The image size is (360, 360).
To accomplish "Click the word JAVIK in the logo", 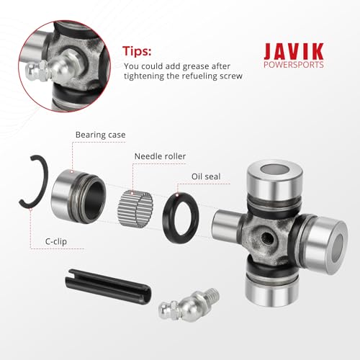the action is pos(294,51).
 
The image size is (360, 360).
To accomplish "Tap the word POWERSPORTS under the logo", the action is pos(294,65).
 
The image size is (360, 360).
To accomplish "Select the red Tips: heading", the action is pos(137,51).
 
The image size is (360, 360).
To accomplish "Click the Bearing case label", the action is pos(100,135).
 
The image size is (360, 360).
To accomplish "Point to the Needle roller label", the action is pos(160,156).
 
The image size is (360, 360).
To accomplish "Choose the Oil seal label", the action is pos(206,176).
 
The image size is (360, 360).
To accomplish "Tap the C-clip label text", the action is pos(56,241).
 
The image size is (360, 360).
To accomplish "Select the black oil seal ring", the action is pos(181,217).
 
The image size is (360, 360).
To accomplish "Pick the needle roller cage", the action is pos(135,209).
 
